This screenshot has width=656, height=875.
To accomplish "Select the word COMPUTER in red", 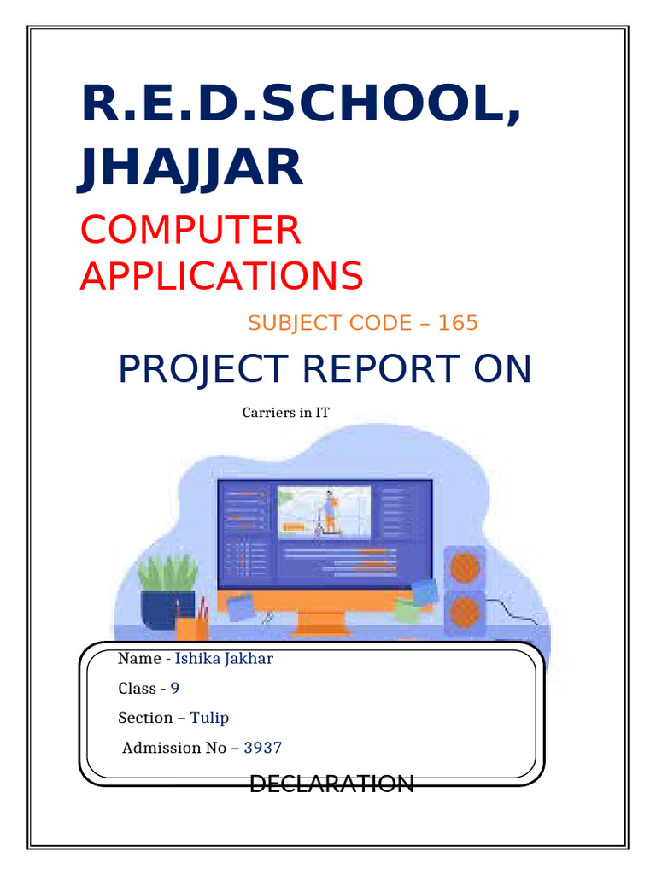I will click(190, 230).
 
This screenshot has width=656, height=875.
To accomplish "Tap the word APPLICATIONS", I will click(222, 275).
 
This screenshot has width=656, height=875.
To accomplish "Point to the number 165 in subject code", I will click(458, 323).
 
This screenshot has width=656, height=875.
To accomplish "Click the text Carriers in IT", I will click(285, 413).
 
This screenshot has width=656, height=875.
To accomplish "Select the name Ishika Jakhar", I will click(224, 658).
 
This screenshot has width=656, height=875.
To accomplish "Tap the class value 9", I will click(174, 688).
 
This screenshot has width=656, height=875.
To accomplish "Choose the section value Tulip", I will click(209, 718).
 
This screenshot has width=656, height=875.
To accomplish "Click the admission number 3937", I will click(263, 748).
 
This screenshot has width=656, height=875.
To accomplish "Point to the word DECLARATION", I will click(331, 783).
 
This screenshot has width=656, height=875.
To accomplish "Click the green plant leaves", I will click(167, 571).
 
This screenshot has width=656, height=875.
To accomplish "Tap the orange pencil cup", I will click(190, 628).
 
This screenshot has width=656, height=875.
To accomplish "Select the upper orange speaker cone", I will click(464, 568).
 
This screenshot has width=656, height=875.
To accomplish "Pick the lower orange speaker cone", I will click(464, 612).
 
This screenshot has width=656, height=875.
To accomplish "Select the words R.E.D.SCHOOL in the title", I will click(299, 104).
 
